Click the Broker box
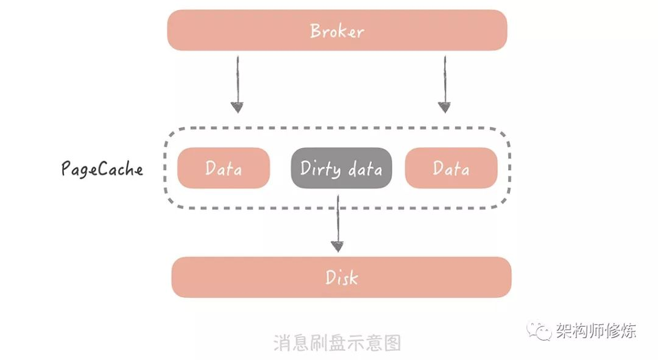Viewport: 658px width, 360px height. coord(337,30)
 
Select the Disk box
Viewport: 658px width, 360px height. coord(341,277)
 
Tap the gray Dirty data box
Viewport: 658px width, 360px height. coord(341,168)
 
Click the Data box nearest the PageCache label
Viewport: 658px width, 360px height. coord(223,168)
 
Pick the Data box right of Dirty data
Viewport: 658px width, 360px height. coord(451,168)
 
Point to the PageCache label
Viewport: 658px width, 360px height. coord(102,169)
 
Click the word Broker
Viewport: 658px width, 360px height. coord(337,31)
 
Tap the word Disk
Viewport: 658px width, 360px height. coord(342,278)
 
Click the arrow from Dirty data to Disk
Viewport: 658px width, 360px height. coord(338,223)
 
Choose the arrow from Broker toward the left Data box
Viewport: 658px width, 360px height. coord(237,84)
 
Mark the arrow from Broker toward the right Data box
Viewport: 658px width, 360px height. coord(444,84)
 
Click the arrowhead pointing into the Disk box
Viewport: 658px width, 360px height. coord(338,246)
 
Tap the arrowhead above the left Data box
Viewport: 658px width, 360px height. coord(237,107)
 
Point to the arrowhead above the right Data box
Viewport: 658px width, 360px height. coord(444,107)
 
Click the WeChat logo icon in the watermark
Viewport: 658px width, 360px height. coord(539,331)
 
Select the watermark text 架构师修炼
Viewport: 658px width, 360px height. coord(596,331)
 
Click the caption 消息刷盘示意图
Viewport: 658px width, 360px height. coord(337,343)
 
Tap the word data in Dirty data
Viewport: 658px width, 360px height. coord(365,169)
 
